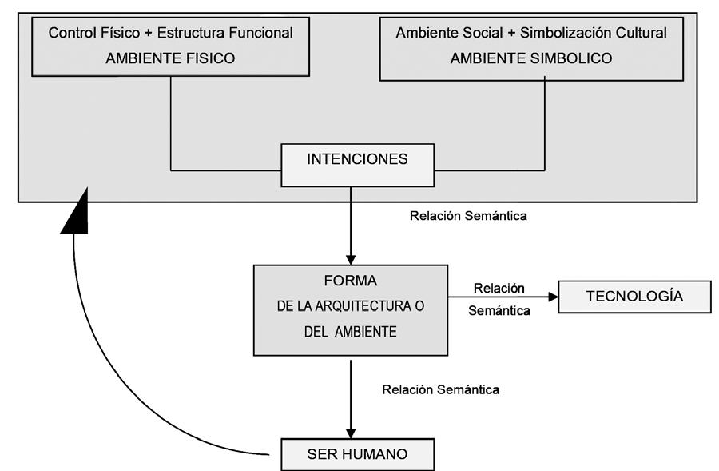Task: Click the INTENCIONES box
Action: coord(357,160)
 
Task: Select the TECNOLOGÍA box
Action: coord(634,297)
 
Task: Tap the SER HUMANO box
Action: coord(357,454)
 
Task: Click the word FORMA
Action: coord(350,281)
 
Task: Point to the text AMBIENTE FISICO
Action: coord(170,58)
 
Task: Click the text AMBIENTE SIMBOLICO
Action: coord(531,58)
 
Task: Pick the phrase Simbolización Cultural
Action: coord(594,34)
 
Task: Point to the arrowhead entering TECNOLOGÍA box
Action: coord(551,297)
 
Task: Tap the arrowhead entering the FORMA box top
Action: coord(350,258)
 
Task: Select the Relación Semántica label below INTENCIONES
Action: coord(468,216)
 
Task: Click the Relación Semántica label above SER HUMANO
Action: coord(441,389)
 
